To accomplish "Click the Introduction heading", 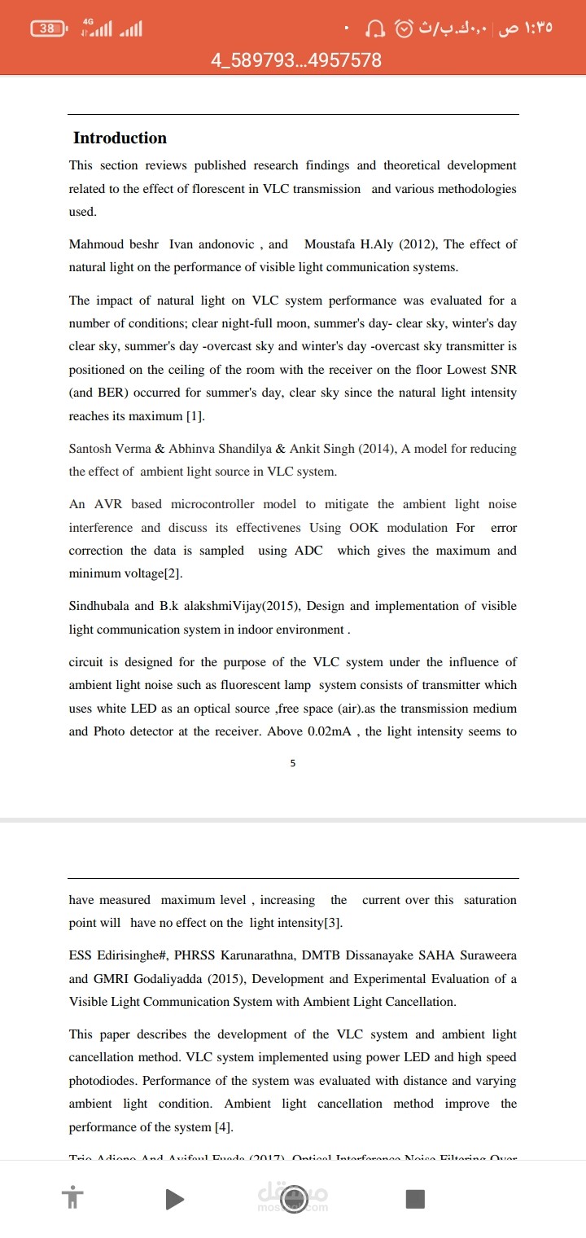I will [120, 138].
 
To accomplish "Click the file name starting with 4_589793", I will [295, 60].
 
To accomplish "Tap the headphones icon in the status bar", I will [375, 29].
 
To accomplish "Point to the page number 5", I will [293, 763].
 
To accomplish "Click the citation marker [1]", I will [195, 416].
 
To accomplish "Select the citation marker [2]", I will [173, 573].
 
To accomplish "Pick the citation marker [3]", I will [333, 923].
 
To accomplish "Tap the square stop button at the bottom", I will [415, 1199].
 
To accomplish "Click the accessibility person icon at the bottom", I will [72, 1199].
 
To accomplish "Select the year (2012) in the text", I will [418, 244].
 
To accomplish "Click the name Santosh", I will [91, 449].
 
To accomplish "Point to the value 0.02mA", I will [328, 731].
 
